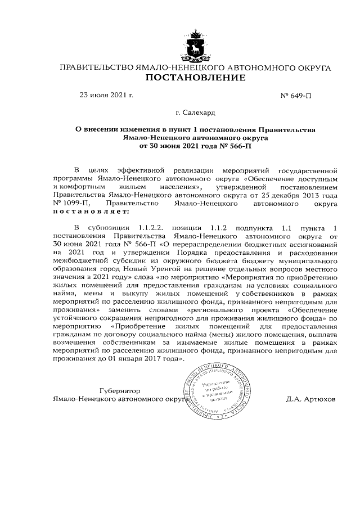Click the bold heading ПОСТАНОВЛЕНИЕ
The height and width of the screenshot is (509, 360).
point(195,79)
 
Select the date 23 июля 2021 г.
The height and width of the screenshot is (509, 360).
point(106,94)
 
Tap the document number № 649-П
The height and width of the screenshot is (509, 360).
point(295,95)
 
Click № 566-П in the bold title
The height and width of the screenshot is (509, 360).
point(233,146)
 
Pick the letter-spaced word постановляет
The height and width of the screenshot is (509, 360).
point(91,212)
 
